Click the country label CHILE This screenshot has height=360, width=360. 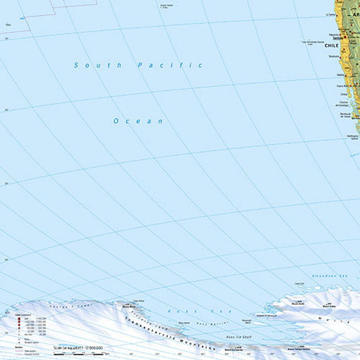click(x=332, y=46)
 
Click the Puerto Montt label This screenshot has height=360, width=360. click(x=341, y=86)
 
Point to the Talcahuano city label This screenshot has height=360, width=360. click(x=334, y=56)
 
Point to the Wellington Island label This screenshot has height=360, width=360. click(x=353, y=137)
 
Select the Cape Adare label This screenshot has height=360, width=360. click(x=138, y=301)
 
